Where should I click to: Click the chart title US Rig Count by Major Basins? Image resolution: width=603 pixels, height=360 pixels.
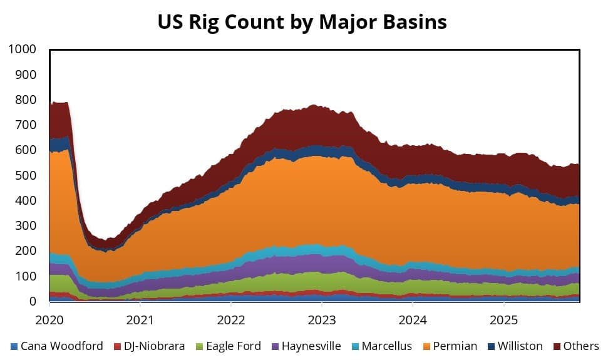(x=302, y=22)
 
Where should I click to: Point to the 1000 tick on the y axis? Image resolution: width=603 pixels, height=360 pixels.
(x=22, y=49)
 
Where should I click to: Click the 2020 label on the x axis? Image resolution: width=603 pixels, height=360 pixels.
(x=49, y=320)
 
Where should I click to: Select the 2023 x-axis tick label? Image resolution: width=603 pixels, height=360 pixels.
(x=321, y=320)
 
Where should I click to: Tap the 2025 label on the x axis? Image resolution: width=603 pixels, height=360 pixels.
(x=503, y=320)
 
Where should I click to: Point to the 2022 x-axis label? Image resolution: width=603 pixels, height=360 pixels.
(x=230, y=320)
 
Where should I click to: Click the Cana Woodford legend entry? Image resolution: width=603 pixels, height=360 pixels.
(x=60, y=346)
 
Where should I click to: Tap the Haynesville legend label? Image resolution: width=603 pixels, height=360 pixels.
(x=311, y=346)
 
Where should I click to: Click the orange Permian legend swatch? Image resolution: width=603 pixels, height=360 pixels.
(x=427, y=346)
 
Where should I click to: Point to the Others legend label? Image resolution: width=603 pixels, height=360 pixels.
(x=579, y=346)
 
